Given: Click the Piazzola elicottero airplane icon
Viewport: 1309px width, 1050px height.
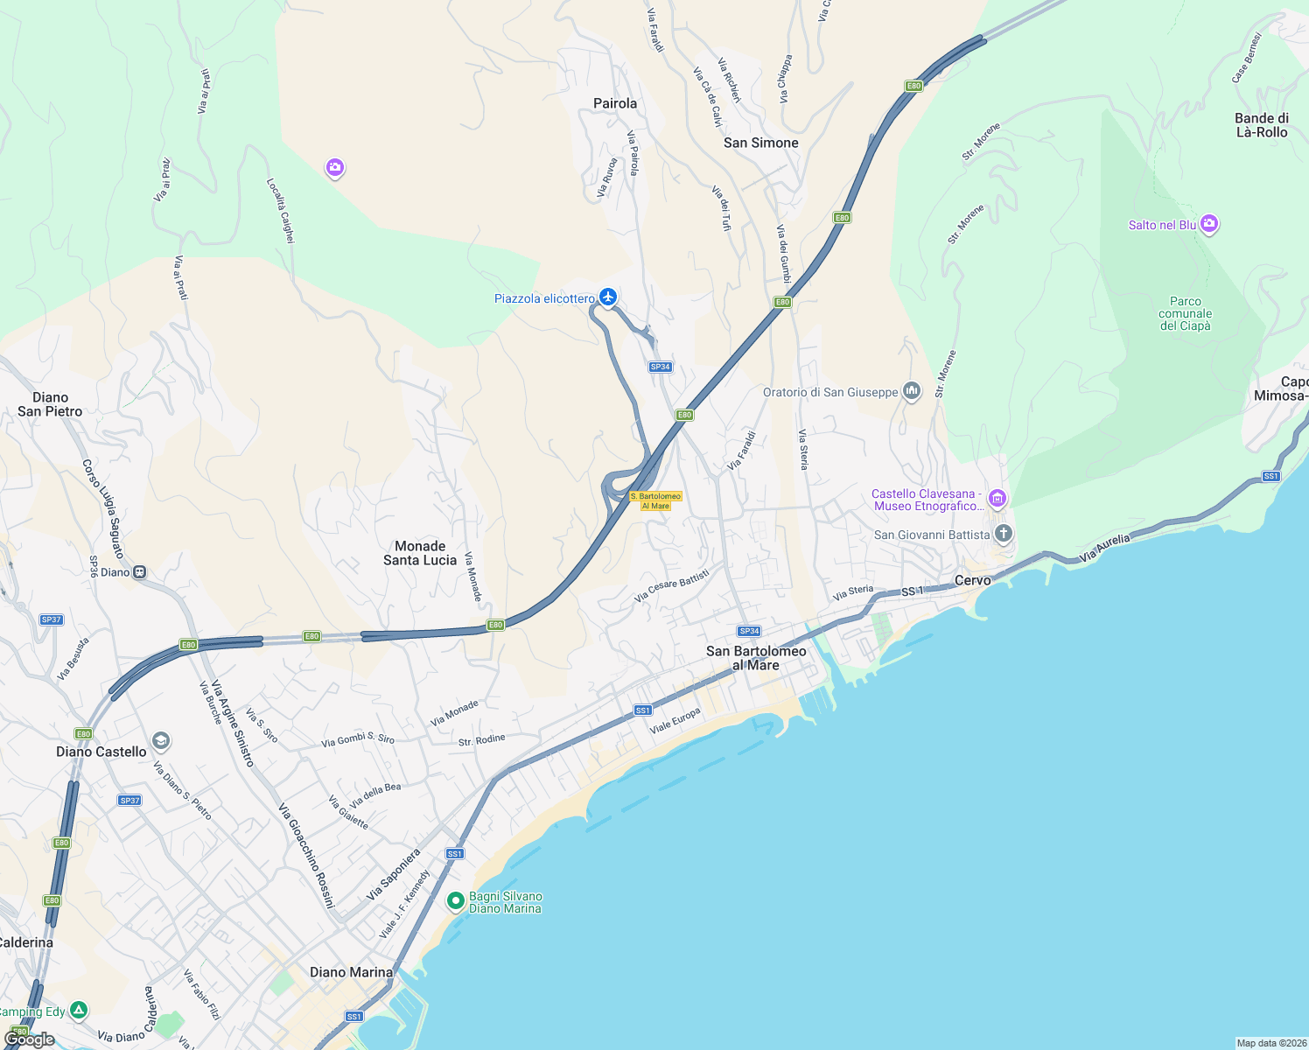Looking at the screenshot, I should [x=608, y=297].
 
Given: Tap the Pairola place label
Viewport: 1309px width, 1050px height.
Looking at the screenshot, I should [x=615, y=103].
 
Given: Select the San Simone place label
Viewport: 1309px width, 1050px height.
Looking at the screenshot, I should [x=760, y=143].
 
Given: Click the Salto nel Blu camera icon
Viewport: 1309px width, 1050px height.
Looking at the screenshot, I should [x=1209, y=224].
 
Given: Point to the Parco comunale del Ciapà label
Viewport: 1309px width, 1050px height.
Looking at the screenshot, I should [x=1185, y=313].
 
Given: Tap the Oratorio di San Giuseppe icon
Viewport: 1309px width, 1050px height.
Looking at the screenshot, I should [x=912, y=391].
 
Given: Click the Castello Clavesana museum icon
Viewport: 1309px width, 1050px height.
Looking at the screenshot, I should [x=997, y=499].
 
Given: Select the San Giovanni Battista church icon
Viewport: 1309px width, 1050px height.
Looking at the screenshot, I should [x=1004, y=533].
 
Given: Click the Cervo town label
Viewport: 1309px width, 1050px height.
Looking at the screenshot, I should [x=972, y=580].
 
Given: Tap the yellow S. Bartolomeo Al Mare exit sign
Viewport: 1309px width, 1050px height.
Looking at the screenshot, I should [x=655, y=500].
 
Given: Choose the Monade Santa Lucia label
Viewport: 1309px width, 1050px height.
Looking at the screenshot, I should [x=420, y=553].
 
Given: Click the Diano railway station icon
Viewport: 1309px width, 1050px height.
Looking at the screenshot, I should [x=139, y=572].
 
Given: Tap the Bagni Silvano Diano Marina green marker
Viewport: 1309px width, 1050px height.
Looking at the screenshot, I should [x=455, y=900].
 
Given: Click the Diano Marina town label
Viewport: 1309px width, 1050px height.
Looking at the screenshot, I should [x=351, y=972].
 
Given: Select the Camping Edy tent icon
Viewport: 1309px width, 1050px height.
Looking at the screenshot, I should [x=79, y=1011].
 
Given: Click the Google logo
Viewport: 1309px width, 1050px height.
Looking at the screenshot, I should [x=29, y=1039].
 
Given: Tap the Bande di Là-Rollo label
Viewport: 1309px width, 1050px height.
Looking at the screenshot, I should [x=1261, y=125].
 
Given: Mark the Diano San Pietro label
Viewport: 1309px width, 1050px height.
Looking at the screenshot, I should [x=50, y=404].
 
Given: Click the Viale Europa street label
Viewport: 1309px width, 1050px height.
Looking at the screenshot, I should [x=675, y=721].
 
